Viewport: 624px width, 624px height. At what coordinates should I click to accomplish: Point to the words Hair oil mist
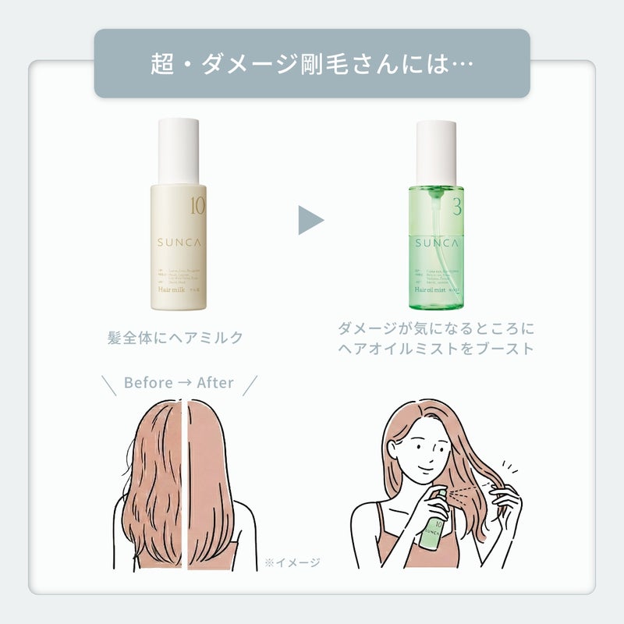pos(430,289)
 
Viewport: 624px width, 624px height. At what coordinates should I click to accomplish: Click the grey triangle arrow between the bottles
pos(310,221)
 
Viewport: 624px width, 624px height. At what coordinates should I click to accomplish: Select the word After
pos(215,383)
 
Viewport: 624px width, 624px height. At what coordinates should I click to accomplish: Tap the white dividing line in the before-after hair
pos(184,484)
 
